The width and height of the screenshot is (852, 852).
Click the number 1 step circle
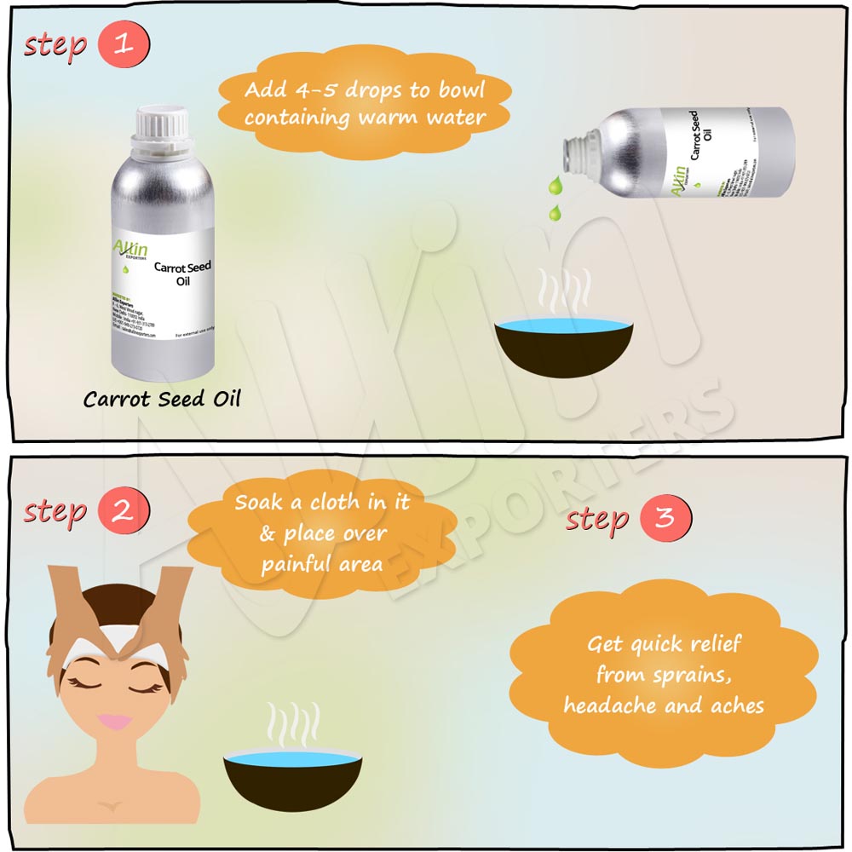tap(124, 44)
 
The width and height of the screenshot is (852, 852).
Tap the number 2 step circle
tap(124, 512)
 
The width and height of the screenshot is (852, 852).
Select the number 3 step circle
tap(665, 519)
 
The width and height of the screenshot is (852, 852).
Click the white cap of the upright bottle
tap(163, 125)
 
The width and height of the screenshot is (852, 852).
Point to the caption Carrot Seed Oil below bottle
tap(162, 399)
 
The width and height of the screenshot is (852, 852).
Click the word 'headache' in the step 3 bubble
tap(607, 705)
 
